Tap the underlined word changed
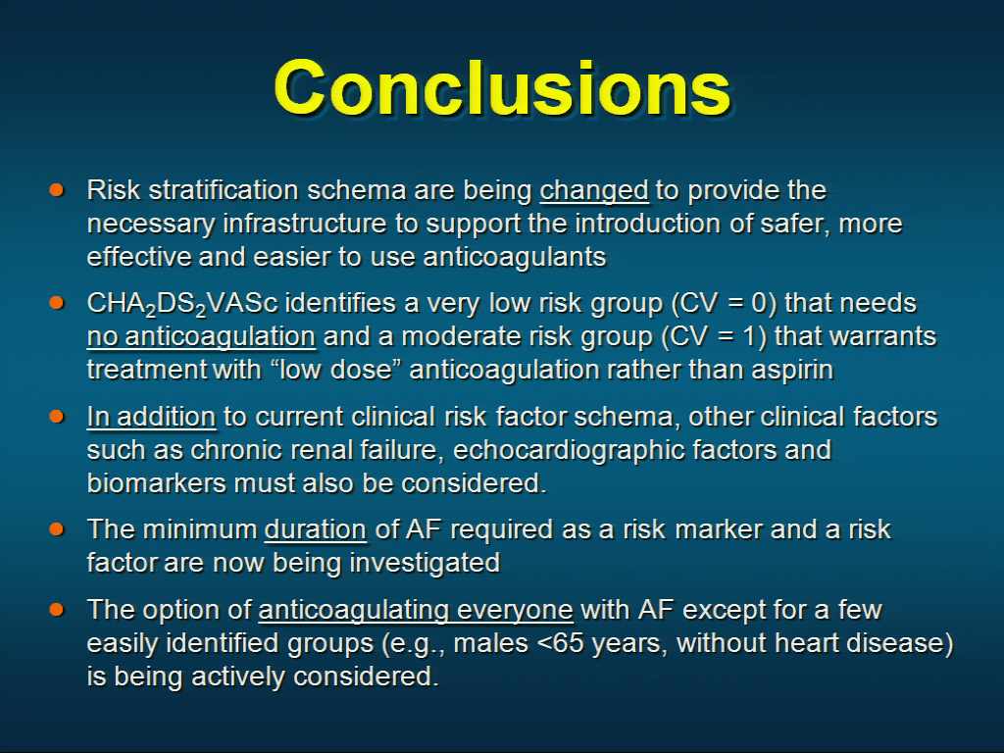[x=594, y=191]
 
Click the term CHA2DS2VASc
[x=182, y=304]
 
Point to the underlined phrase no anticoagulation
[x=201, y=337]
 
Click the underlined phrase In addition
[x=151, y=417]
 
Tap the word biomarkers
[x=156, y=483]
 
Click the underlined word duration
[x=315, y=530]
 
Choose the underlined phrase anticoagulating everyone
[x=416, y=610]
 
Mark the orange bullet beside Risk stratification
[x=56, y=189]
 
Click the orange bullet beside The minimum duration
[x=56, y=528]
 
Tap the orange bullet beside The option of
[x=56, y=609]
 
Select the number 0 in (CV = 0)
[x=759, y=304]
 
